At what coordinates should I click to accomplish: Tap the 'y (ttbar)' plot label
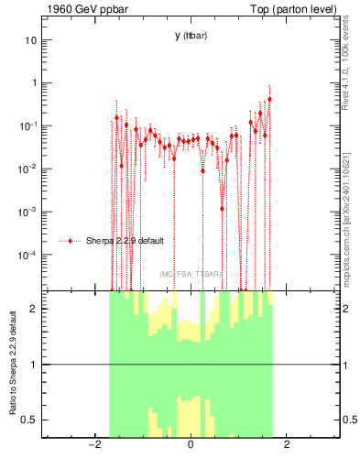point(191,36)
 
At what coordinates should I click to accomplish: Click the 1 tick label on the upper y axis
point(33,82)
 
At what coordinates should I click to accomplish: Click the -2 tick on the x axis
point(93,445)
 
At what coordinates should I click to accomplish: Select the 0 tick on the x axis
point(191,445)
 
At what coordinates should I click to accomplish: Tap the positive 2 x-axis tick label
point(287,445)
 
